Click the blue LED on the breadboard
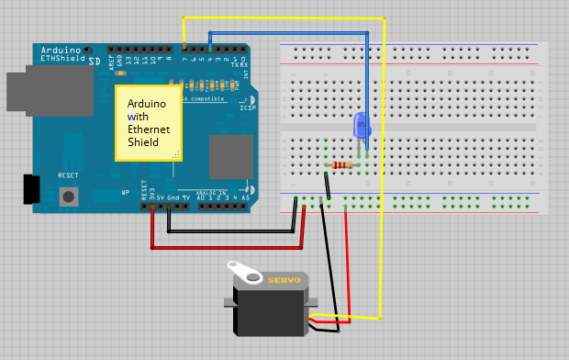point(361,125)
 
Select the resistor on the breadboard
point(341,165)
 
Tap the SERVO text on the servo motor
point(284,280)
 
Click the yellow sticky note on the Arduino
point(147,123)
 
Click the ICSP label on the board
point(248,107)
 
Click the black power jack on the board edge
point(32,188)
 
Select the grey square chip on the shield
point(230,156)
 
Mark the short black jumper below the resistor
point(327,185)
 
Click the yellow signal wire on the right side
point(383,184)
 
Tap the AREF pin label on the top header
point(112,62)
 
